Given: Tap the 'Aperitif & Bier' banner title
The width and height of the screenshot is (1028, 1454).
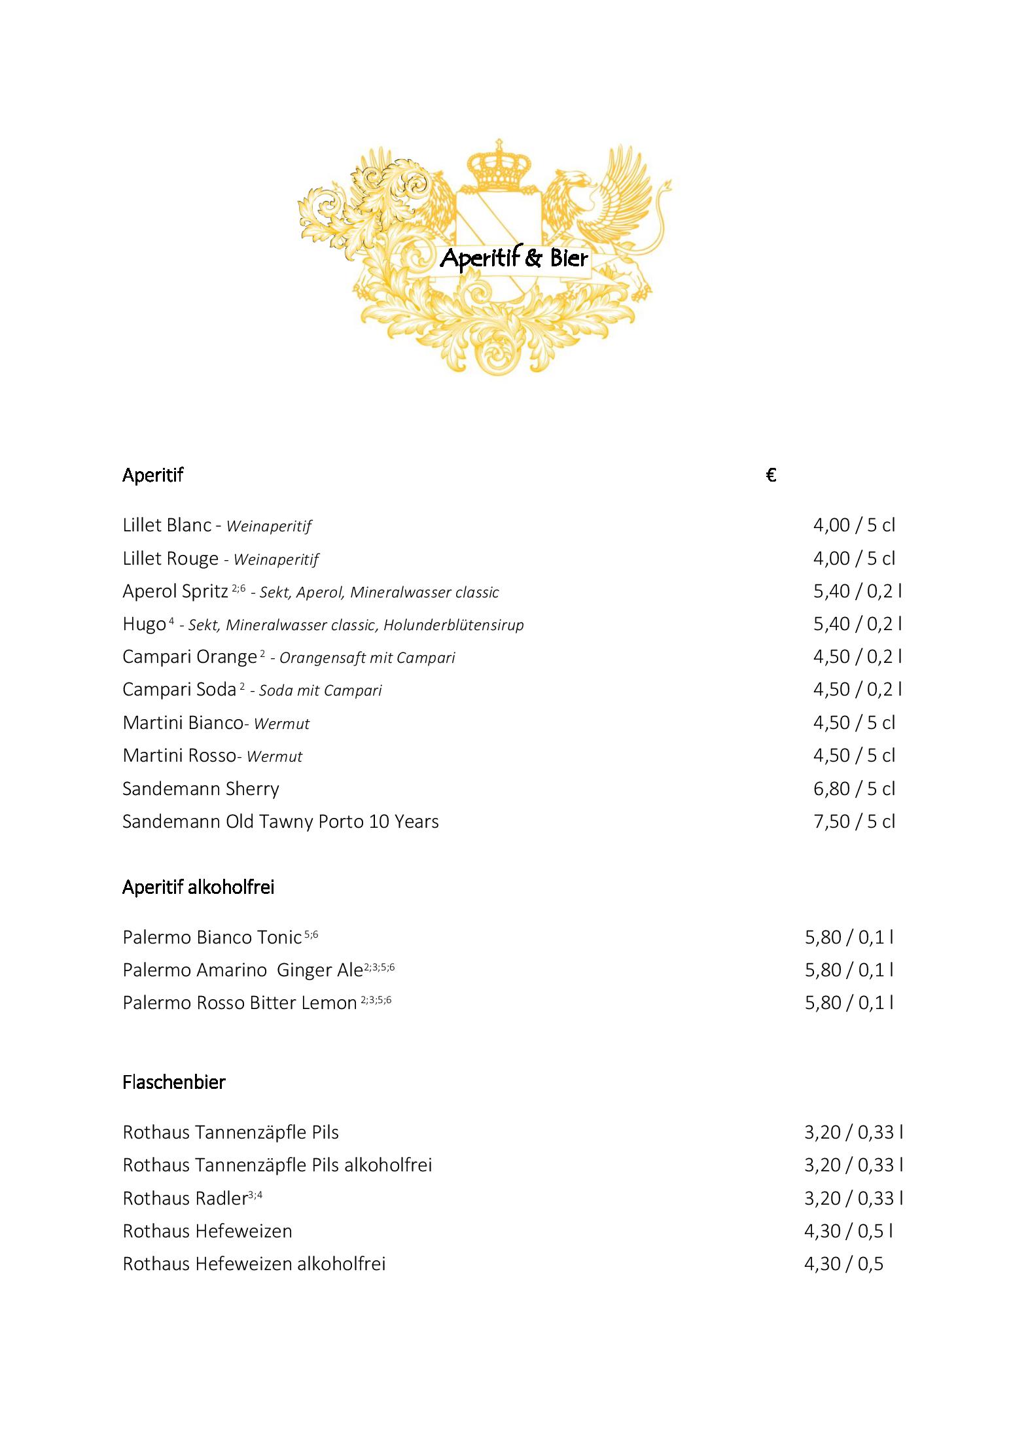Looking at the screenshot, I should [514, 258].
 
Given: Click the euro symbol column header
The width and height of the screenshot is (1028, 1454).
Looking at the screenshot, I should [771, 475].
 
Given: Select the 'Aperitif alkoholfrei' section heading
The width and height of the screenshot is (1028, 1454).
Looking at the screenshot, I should [198, 887].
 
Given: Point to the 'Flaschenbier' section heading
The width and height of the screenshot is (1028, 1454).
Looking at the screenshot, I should [174, 1082].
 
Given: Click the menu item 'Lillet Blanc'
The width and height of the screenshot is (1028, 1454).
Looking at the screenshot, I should [168, 525].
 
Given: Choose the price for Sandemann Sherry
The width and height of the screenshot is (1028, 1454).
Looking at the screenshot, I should [854, 789].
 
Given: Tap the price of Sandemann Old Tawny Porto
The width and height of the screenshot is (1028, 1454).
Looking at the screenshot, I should [854, 821].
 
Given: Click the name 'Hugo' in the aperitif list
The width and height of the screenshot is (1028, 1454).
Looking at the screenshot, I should [144, 624].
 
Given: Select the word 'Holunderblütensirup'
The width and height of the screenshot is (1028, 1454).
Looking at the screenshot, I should [453, 625].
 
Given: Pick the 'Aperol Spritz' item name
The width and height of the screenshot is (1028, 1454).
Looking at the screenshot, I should [175, 591].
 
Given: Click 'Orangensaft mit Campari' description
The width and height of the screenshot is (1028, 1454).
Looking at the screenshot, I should [367, 658].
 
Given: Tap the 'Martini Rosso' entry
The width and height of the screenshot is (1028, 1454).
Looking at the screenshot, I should [179, 756].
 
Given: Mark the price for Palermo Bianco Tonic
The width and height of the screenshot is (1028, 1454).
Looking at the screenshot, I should [849, 937].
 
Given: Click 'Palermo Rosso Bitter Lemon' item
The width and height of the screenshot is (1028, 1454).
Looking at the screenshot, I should [239, 1002].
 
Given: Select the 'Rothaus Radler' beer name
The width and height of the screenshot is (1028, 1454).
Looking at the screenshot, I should [185, 1198].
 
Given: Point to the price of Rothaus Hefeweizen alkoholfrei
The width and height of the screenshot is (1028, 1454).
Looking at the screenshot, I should [843, 1264].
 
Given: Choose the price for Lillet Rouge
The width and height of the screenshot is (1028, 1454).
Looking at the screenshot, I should [854, 558].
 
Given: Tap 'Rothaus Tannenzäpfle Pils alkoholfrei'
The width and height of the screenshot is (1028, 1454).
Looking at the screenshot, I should [277, 1165].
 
